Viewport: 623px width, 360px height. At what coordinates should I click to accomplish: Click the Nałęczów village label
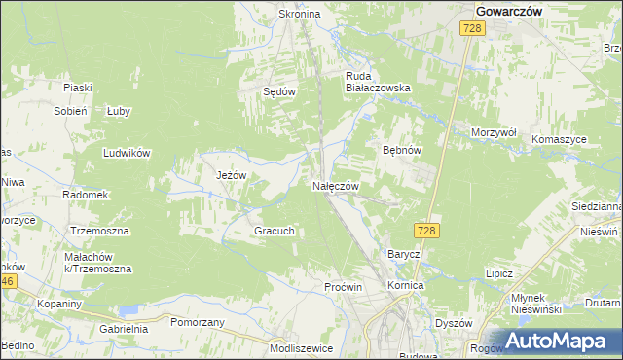(x=336, y=186)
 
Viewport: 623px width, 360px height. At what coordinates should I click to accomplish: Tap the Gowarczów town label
(x=509, y=10)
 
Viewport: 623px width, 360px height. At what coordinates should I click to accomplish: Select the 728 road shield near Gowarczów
(x=472, y=30)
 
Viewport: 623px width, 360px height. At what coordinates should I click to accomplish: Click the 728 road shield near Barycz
(x=425, y=230)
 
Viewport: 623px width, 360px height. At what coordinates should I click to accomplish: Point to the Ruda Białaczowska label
(x=379, y=80)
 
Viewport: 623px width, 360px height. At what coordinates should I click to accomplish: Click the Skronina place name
(x=300, y=15)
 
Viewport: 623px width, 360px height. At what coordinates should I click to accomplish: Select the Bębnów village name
(x=401, y=151)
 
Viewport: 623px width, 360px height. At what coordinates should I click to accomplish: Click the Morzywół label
(x=494, y=131)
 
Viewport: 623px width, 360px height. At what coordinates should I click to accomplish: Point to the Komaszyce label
(x=559, y=139)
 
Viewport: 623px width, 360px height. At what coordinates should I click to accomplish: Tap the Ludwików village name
(x=127, y=153)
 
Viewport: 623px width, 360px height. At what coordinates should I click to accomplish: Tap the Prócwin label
(x=343, y=287)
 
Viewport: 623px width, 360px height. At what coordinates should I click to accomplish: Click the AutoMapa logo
(x=558, y=341)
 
